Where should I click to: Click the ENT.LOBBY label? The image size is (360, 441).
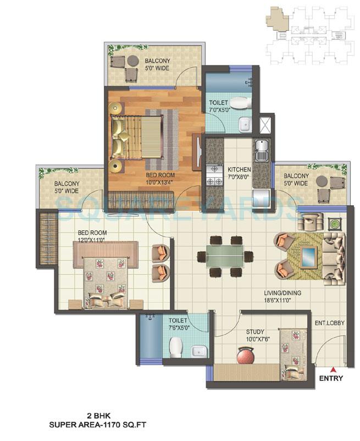click(329, 323)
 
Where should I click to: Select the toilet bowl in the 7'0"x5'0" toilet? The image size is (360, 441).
click(239, 102)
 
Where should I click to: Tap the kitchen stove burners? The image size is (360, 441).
click(212, 174)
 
